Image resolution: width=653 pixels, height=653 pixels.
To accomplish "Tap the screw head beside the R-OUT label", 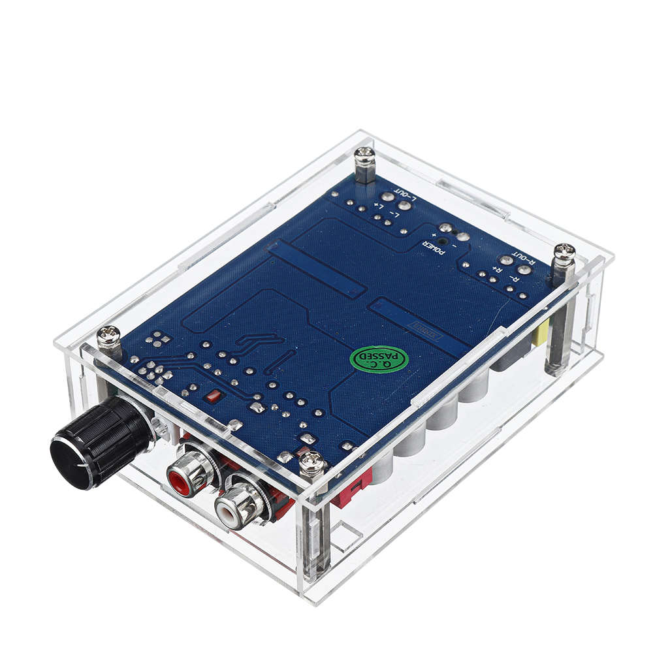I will (564, 251).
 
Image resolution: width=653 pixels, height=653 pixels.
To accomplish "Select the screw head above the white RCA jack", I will (313, 464).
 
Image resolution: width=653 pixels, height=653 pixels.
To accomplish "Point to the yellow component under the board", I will (540, 336).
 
